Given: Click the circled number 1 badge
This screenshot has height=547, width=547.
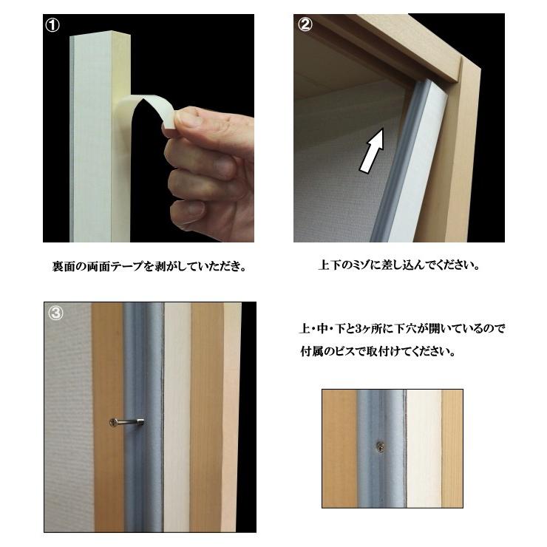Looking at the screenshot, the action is (52, 25).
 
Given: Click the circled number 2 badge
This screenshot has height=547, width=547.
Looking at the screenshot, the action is (305, 24).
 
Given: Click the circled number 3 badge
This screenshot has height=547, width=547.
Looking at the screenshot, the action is (56, 313).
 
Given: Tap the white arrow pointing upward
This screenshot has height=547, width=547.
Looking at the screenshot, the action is (373, 150).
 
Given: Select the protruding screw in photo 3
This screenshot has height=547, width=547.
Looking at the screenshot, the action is (126, 422).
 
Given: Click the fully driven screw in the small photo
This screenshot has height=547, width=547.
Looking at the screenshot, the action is (381, 446).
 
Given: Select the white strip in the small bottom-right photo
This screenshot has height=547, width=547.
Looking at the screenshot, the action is (424, 448).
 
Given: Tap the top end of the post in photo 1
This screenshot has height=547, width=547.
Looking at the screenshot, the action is (100, 33).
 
